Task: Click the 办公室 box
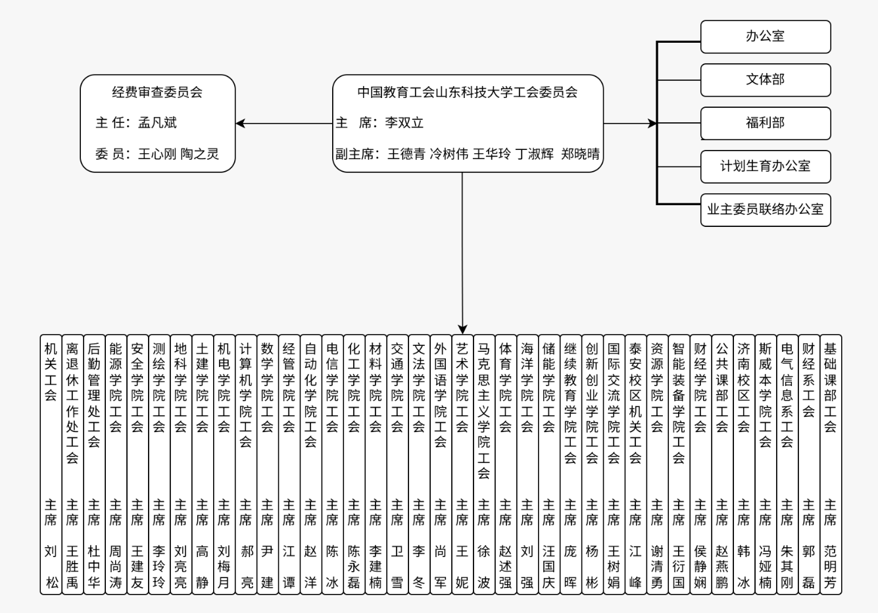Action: click(766, 36)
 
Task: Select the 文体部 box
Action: click(766, 80)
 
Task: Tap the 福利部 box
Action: click(766, 123)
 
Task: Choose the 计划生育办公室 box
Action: click(766, 166)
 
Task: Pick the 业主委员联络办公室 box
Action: click(766, 210)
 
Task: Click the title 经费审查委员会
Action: click(157, 92)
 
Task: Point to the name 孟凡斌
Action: click(157, 123)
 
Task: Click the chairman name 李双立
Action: click(404, 123)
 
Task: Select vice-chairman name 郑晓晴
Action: click(580, 154)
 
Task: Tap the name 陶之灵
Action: click(199, 154)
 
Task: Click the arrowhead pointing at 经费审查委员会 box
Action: click(240, 124)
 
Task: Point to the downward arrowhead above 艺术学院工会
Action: click(462, 330)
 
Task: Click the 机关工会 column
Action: click(51, 464)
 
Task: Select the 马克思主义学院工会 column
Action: click(484, 464)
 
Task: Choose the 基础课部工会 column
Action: click(831, 464)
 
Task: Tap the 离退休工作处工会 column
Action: click(72, 464)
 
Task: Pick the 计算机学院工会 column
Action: click(246, 464)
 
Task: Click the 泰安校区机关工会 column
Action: click(636, 464)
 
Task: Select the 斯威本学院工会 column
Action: click(766, 464)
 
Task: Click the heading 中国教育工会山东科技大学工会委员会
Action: click(468, 92)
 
